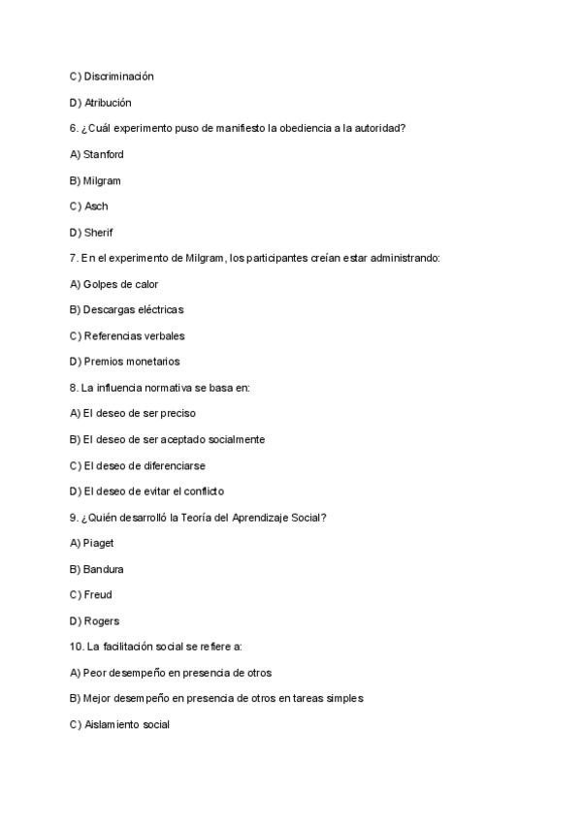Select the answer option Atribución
107,103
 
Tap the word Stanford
104,154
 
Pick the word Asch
96,206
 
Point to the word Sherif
99,233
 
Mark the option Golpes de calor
113,284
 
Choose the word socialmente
233,439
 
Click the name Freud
99,595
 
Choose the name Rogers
102,621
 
